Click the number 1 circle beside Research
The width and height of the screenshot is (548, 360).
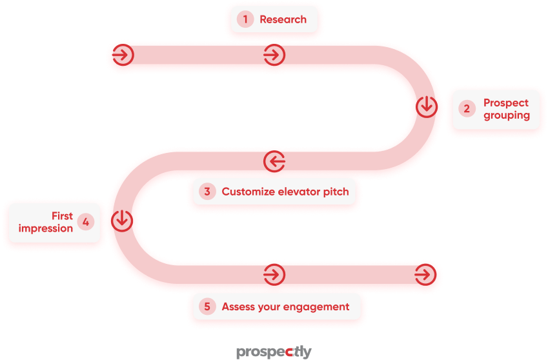[245, 19]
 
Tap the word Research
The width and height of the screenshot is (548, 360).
[283, 19]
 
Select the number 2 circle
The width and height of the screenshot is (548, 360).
[467, 108]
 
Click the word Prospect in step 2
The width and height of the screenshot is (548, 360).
[506, 103]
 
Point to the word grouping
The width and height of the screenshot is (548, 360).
[507, 115]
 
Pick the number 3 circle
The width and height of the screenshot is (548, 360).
[207, 192]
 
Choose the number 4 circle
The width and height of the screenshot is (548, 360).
[86, 222]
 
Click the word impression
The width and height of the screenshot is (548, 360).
[46, 228]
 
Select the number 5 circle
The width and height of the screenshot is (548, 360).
[207, 307]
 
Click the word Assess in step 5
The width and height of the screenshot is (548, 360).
[238, 307]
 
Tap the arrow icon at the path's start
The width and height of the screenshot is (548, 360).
[123, 55]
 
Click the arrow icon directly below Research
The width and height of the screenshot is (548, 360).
[274, 55]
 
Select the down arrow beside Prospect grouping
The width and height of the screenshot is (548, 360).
[427, 106]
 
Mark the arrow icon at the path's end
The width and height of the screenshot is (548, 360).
[425, 274]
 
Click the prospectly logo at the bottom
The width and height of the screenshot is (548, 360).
[274, 352]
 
